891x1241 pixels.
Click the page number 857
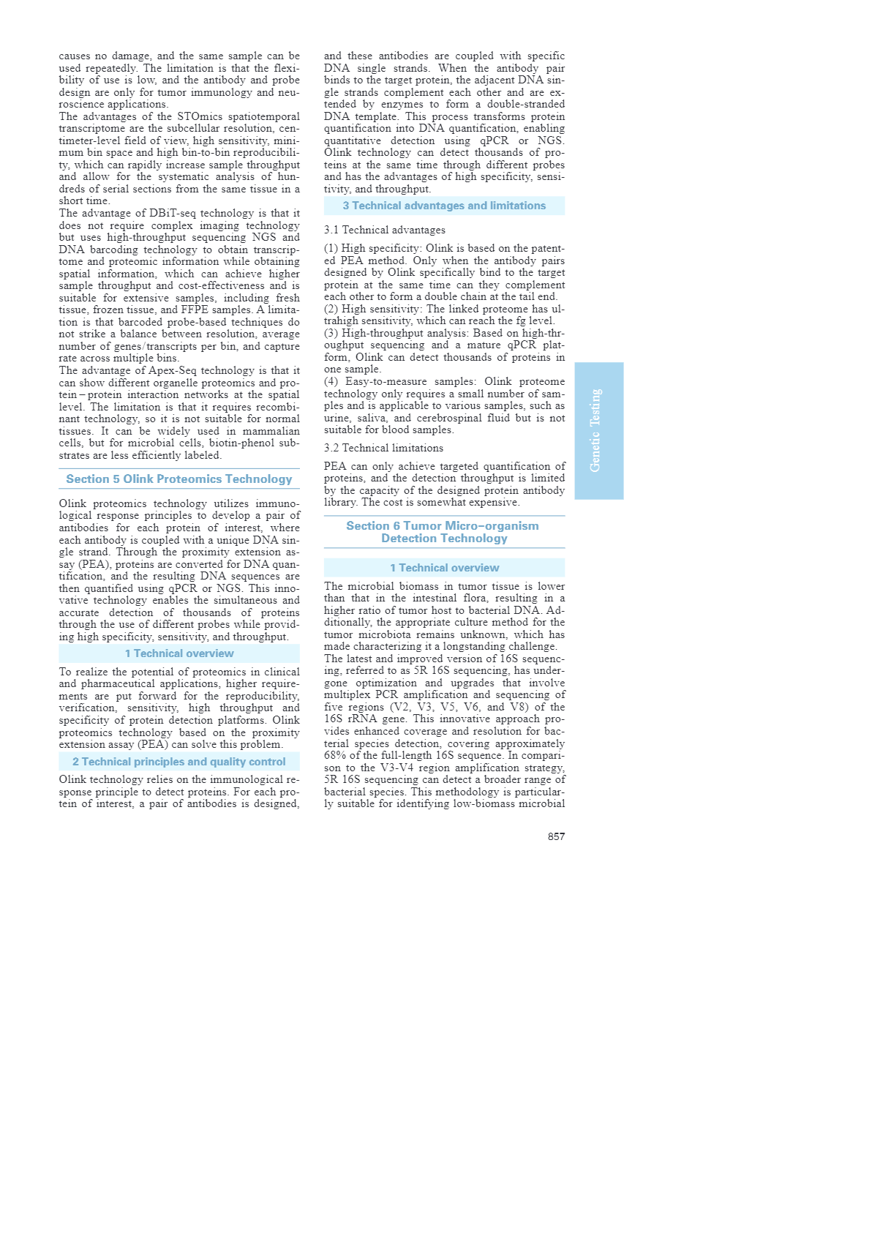pyautogui.click(x=556, y=836)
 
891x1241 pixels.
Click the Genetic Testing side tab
pyautogui.click(x=598, y=430)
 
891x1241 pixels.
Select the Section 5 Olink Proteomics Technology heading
pyautogui.click(x=179, y=479)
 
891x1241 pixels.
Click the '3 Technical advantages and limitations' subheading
pyautogui.click(x=444, y=206)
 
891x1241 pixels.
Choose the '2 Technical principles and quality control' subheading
pyautogui.click(x=179, y=762)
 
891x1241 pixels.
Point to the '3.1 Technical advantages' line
pyautogui.click(x=384, y=230)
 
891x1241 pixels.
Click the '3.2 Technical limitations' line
pyautogui.click(x=383, y=448)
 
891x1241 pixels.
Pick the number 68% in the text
pyautogui.click(x=334, y=755)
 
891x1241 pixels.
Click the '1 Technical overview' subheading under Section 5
pyautogui.click(x=179, y=653)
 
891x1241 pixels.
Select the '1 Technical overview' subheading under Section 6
pyautogui.click(x=444, y=568)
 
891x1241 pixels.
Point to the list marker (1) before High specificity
pyautogui.click(x=331, y=248)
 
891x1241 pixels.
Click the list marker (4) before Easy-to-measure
pyautogui.click(x=331, y=381)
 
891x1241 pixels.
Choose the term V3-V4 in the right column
pyautogui.click(x=400, y=768)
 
